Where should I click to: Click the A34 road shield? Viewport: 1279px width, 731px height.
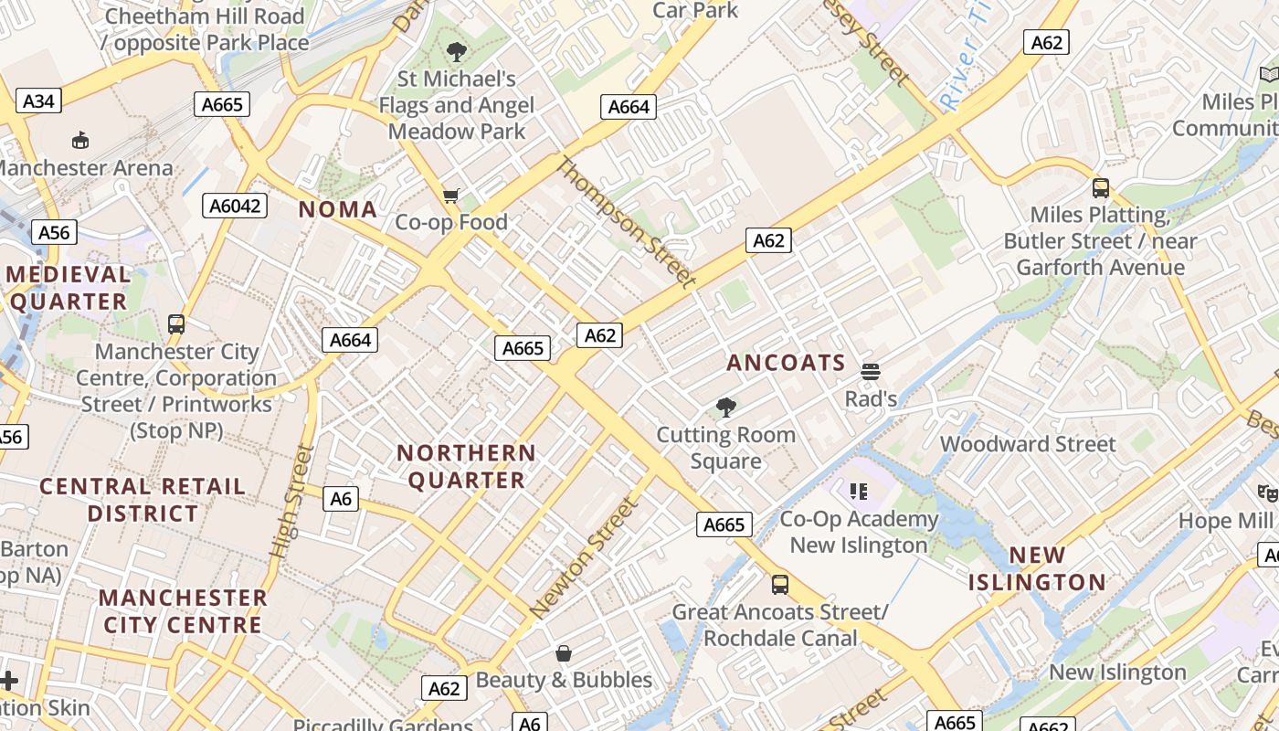click(38, 101)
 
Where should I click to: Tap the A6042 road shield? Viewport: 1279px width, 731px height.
click(235, 206)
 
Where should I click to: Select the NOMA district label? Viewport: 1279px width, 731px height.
click(338, 209)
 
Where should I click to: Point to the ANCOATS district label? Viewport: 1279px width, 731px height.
click(787, 363)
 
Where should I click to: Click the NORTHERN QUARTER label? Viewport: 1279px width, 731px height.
click(466, 466)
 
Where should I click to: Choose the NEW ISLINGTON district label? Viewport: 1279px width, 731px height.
click(1037, 568)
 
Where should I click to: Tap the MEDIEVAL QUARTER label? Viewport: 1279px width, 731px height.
click(69, 288)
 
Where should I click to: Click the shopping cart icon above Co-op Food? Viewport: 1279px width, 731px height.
click(450, 196)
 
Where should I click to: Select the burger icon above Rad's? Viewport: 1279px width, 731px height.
click(870, 372)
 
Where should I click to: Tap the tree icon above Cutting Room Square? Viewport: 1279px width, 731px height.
click(726, 408)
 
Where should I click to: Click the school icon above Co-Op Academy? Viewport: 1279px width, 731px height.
click(858, 493)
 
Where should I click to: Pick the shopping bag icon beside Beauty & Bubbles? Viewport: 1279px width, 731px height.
click(564, 653)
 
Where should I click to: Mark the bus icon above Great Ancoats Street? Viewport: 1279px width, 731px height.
click(779, 585)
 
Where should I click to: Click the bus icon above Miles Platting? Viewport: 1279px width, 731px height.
click(1101, 188)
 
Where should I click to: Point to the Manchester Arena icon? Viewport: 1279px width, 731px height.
click(80, 140)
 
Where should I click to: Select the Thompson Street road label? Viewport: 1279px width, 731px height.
click(626, 223)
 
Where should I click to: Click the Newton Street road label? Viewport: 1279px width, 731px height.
click(582, 558)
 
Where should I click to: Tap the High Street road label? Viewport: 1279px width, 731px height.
click(292, 502)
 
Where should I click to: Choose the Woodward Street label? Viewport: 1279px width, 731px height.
click(1028, 444)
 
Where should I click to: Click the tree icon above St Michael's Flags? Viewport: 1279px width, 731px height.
click(457, 52)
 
